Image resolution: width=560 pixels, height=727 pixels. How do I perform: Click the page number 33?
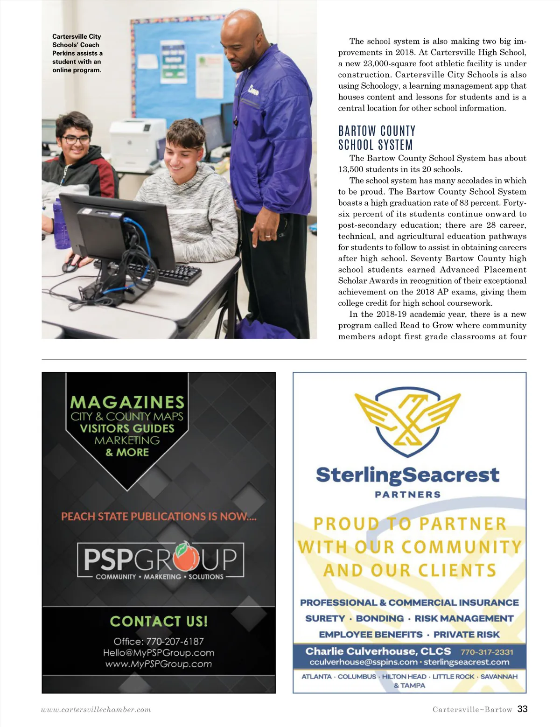pos(522,709)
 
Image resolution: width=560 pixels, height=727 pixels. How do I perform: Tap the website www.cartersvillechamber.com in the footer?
pos(96,710)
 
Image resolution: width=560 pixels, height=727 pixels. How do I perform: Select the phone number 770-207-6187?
pos(175,641)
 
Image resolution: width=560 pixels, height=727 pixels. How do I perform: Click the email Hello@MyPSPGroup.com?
pos(159,652)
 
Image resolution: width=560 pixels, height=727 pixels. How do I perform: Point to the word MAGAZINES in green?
pos(127,402)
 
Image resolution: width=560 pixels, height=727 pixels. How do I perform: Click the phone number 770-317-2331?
pos(487,652)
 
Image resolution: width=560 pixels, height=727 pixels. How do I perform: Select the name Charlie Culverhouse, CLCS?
pos(378,651)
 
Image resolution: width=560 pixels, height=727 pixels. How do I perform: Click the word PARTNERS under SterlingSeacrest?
pos(408,495)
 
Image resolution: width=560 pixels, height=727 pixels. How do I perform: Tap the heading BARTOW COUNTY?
pos(377,131)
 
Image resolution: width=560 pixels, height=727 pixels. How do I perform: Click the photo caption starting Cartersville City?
pos(77,53)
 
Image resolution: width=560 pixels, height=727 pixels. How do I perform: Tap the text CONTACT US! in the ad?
pos(159,621)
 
